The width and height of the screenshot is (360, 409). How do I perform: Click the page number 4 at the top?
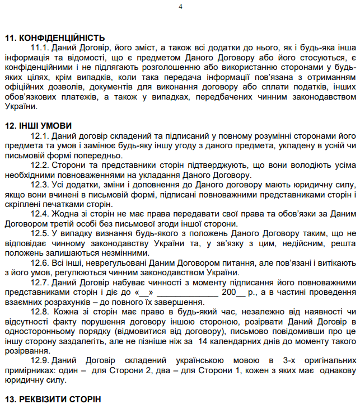180,7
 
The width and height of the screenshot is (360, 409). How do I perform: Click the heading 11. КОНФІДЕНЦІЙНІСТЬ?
55,37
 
